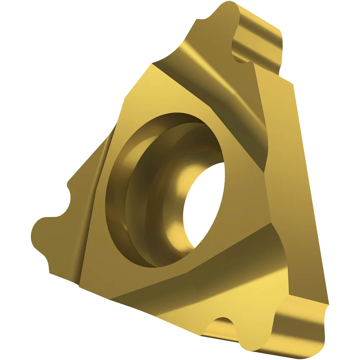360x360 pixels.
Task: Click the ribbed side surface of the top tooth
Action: [257, 40]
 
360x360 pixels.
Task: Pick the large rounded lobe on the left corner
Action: [41, 230]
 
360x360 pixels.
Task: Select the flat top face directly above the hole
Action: [180, 94]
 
